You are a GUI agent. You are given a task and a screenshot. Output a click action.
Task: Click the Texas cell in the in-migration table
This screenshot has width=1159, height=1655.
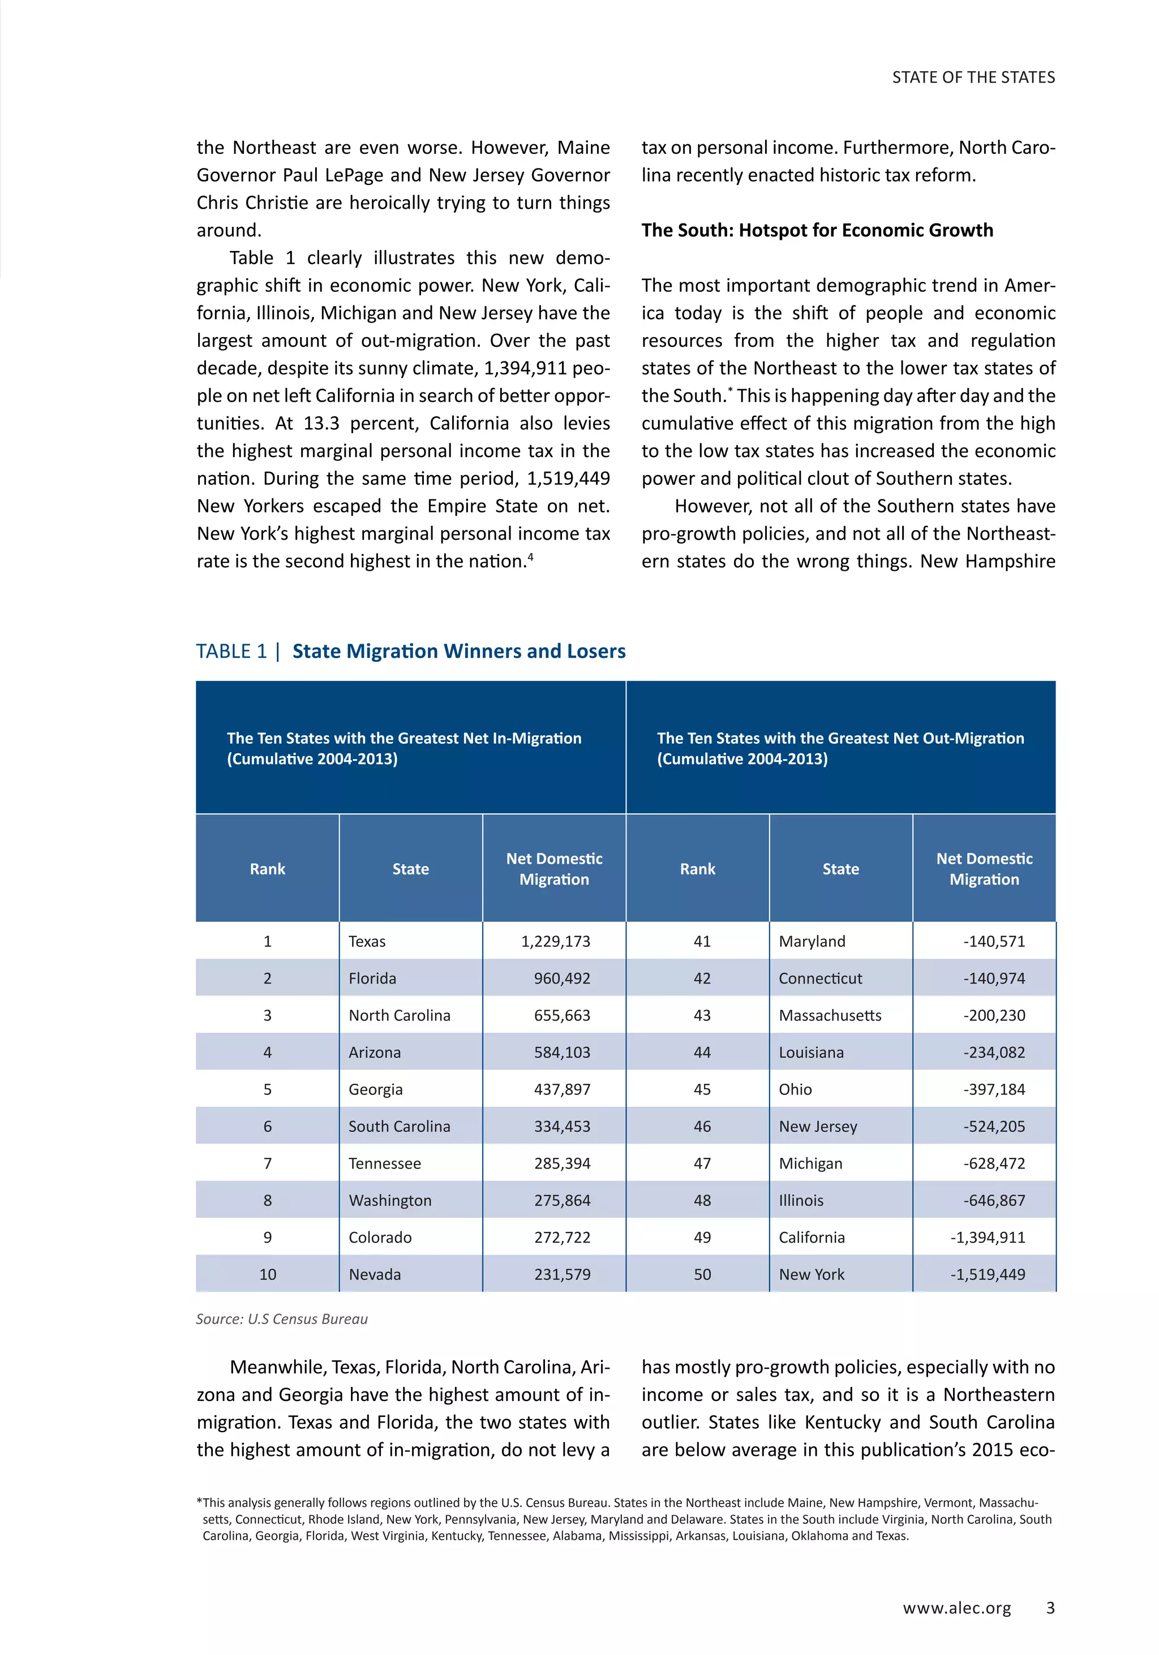(x=367, y=941)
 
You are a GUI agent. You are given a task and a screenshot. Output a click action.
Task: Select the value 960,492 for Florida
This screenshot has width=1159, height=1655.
(x=562, y=978)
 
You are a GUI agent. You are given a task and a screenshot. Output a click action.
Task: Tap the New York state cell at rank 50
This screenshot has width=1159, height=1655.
(x=812, y=1274)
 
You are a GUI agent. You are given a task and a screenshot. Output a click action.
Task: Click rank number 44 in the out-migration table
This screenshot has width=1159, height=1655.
(x=702, y=1053)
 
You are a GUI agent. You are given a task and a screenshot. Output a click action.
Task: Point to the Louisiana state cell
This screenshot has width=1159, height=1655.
(x=810, y=1053)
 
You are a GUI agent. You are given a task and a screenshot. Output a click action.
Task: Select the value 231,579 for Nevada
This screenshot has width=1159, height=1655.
(x=562, y=1274)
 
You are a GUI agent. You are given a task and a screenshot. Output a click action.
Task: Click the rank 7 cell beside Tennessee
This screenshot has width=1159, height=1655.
(x=268, y=1163)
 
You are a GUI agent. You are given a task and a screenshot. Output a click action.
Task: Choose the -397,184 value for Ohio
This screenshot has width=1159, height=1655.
(x=994, y=1089)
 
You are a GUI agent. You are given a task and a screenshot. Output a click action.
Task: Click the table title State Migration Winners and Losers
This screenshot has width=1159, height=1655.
(x=459, y=652)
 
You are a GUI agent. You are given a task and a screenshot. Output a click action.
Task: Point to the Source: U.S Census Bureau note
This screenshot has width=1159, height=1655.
(x=282, y=1319)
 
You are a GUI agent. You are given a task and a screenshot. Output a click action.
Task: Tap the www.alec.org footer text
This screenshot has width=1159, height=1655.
(x=956, y=1608)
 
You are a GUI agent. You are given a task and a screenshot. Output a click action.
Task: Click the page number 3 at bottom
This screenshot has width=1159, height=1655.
(x=1050, y=1608)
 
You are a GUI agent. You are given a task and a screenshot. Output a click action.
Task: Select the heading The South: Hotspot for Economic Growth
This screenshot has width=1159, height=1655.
(x=817, y=231)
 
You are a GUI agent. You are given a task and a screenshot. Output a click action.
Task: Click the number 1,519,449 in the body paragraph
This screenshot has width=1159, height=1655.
(x=568, y=479)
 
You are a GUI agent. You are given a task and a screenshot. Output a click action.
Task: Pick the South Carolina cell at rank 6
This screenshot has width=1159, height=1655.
(x=399, y=1127)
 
